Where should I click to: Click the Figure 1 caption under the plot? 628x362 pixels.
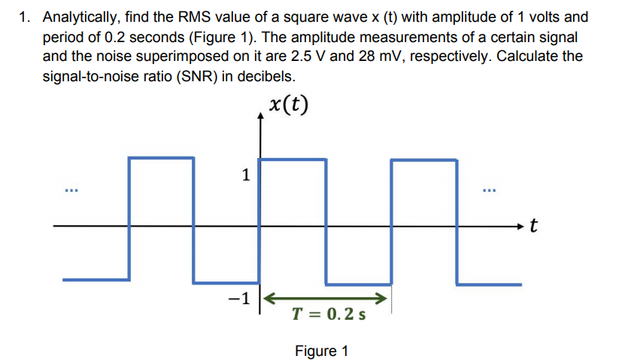pyautogui.click(x=321, y=351)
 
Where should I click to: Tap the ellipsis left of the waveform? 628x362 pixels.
pyautogui.click(x=70, y=187)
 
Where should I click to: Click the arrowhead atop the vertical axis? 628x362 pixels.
pyautogui.click(x=261, y=114)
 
